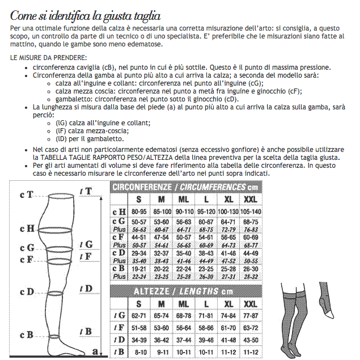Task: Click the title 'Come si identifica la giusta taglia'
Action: pyautogui.click(x=85, y=15)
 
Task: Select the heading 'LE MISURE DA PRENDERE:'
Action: pyautogui.click(x=49, y=58)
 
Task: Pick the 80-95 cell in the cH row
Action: pyautogui.click(x=138, y=211)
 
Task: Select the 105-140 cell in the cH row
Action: pyautogui.click(x=251, y=211)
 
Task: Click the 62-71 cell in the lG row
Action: pyautogui.click(x=138, y=315)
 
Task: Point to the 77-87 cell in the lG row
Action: pyautogui.click(x=251, y=315)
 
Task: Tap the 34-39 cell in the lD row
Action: pyautogui.click(x=138, y=340)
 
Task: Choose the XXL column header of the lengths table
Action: pyautogui.click(x=251, y=304)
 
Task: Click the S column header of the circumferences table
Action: pyautogui.click(x=138, y=199)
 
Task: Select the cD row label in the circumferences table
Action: pyautogui.click(x=119, y=252)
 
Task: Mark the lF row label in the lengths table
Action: pyautogui.click(x=119, y=328)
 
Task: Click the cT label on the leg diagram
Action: pyautogui.click(x=26, y=194)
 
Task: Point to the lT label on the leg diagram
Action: pyautogui.click(x=86, y=192)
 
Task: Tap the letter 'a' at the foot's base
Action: pyautogui.click(x=95, y=351)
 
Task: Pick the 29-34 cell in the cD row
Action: pyautogui.click(x=138, y=252)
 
